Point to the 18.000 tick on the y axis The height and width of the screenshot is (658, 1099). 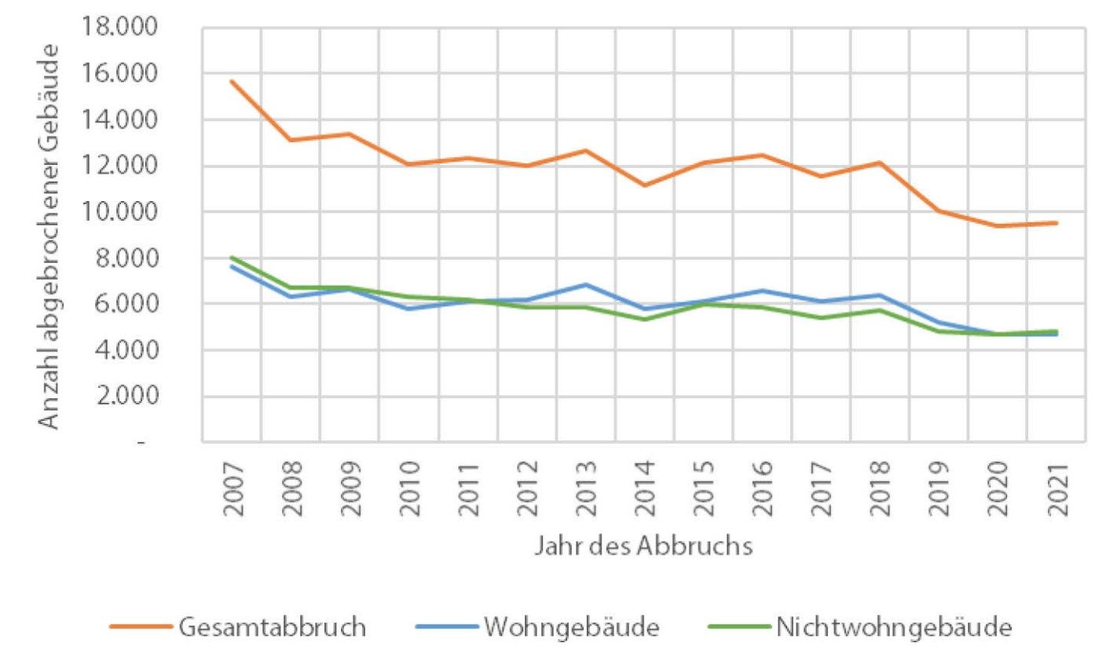tap(119, 26)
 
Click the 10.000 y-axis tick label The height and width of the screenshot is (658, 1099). tap(119, 212)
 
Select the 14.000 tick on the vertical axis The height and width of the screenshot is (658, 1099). tap(119, 119)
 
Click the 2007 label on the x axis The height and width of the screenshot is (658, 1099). tap(233, 489)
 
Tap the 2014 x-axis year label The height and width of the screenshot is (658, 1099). tap(645, 489)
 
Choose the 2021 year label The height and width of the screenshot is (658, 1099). tap(1057, 489)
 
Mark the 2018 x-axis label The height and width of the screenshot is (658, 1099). tap(881, 489)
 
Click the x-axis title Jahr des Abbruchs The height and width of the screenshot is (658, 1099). tap(643, 546)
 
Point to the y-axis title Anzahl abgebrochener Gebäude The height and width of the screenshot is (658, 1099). tap(49, 237)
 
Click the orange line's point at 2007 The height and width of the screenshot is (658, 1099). tap(232, 81)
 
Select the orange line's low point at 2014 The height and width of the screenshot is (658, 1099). tap(645, 185)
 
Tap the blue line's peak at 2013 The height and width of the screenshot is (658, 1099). tap(585, 284)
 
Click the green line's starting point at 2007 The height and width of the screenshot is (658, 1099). tap(232, 258)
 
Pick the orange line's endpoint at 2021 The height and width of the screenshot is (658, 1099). tap(1057, 223)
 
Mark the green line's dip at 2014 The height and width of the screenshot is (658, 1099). tap(645, 320)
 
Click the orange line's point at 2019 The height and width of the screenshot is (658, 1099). tap(939, 211)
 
